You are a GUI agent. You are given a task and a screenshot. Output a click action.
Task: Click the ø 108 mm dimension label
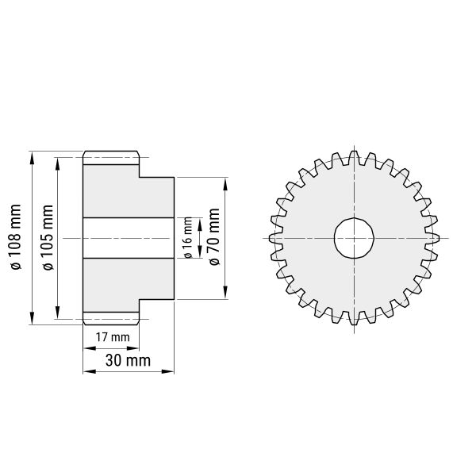16,237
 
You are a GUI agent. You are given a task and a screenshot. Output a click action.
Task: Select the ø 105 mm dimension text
48,237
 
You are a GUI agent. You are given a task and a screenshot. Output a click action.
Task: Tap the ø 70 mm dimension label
214,236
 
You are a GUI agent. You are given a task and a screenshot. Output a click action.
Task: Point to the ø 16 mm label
188,238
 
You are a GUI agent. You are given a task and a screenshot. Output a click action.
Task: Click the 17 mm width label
113,337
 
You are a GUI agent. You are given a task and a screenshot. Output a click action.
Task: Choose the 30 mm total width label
128,361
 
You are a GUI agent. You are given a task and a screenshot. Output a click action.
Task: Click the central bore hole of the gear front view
354,238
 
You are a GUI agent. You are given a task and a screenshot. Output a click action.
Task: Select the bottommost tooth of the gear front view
354,319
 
